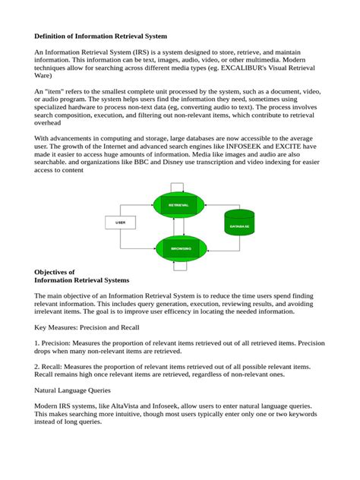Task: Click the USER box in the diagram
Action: pos(120,223)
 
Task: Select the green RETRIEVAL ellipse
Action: pos(179,204)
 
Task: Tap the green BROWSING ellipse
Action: pos(180,248)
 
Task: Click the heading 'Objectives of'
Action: pos(55,271)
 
